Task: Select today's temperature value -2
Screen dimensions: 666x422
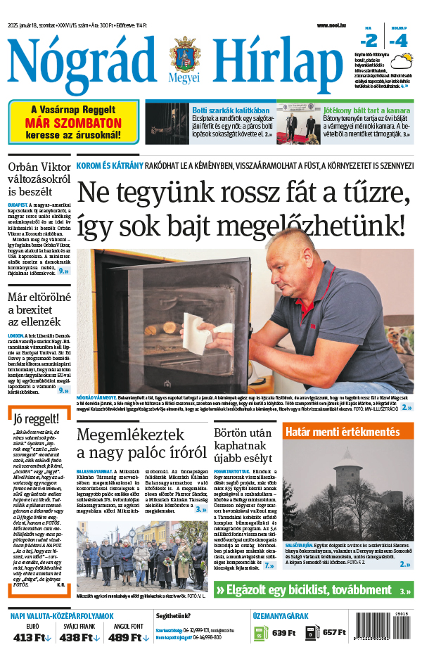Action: coord(370,40)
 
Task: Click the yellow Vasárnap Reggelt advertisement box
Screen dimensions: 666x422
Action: coord(73,121)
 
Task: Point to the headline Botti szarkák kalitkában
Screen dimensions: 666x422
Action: coord(231,110)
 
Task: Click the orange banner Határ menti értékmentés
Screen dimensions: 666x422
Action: coord(347,431)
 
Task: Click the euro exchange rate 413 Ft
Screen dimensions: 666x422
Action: coord(32,637)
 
